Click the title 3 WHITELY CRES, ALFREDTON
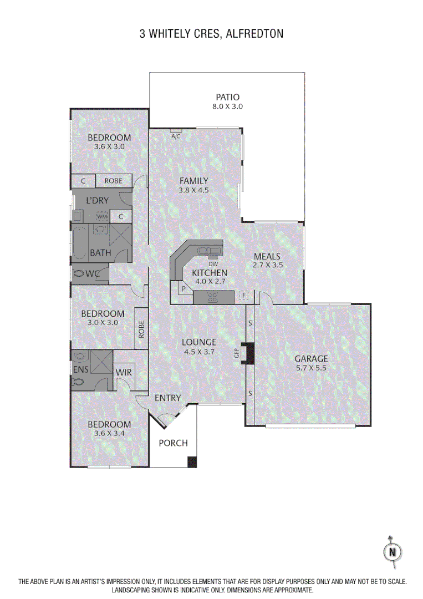tap(211, 34)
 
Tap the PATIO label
tap(227, 97)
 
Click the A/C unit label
tap(176, 136)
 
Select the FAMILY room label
tap(193, 181)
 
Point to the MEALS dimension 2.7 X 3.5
tap(268, 266)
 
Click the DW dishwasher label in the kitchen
tap(213, 263)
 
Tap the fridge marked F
tap(243, 296)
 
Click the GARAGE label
tap(311, 359)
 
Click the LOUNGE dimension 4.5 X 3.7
tap(199, 352)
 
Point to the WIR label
tap(124, 372)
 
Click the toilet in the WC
tap(79, 273)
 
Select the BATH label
tap(100, 253)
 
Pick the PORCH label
tap(173, 443)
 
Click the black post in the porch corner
tap(192, 461)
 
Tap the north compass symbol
tap(393, 551)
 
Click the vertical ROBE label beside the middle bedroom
tap(142, 329)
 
